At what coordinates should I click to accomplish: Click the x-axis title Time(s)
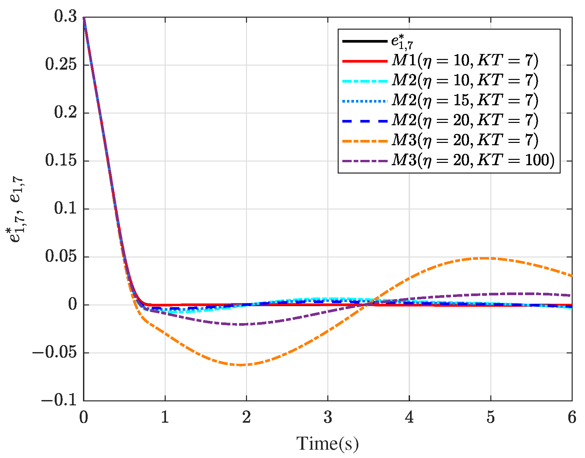click(327, 444)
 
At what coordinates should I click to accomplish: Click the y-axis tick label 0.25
click(61, 65)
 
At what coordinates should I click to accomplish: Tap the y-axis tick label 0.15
click(61, 161)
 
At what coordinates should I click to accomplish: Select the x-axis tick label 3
click(328, 417)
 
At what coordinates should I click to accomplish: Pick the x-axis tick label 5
click(490, 417)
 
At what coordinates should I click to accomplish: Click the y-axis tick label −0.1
click(59, 400)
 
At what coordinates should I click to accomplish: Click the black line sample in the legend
click(365, 41)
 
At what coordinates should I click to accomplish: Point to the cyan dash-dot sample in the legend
click(365, 81)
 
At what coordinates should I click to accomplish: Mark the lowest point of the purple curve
click(242, 324)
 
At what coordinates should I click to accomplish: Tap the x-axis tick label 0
click(83, 417)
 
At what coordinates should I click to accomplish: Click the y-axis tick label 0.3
click(66, 17)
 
